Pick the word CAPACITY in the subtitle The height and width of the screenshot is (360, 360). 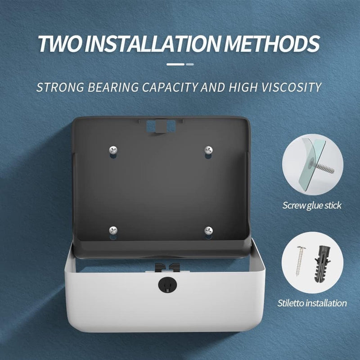[170, 87]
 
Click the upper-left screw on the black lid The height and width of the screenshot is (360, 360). [113, 150]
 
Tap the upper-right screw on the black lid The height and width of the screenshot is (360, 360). [208, 150]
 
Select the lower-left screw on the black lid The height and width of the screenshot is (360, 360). [113, 230]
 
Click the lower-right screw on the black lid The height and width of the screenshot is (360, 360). [208, 230]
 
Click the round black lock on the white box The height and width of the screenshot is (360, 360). [167, 285]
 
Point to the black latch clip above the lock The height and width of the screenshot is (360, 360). [167, 267]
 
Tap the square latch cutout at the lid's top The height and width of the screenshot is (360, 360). [161, 126]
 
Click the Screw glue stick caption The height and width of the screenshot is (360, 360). [312, 205]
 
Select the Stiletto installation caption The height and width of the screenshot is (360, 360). [312, 303]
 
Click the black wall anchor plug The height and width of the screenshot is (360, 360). [323, 264]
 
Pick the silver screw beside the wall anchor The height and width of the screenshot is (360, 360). [300, 261]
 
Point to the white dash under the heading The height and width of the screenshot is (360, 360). [175, 64]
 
